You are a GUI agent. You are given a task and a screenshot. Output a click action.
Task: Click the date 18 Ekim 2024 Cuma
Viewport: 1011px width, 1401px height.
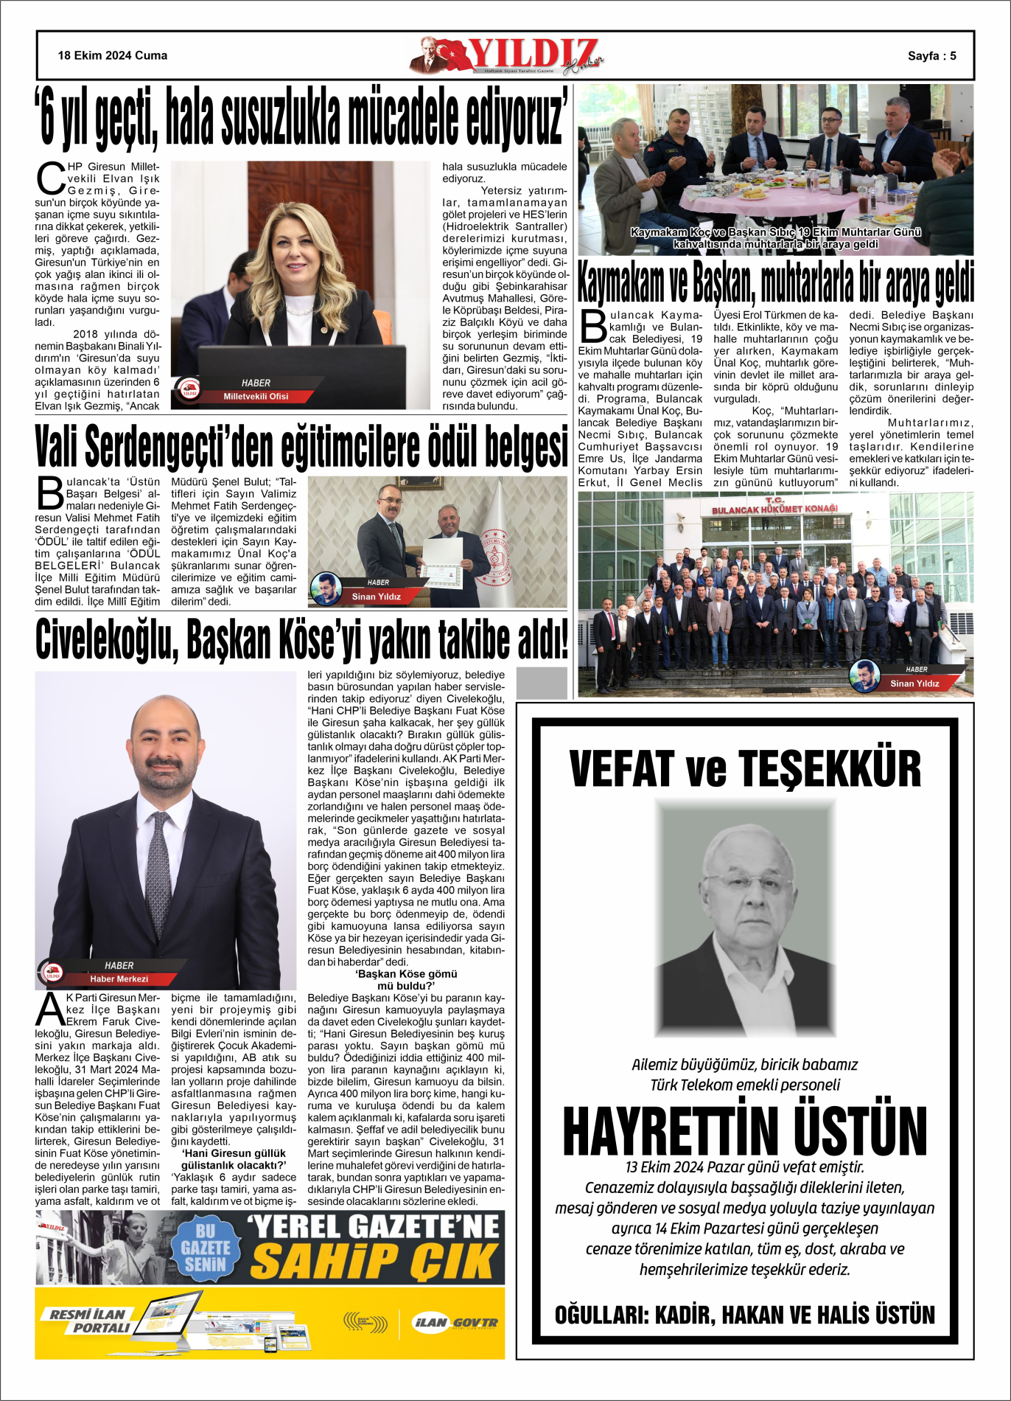(x=113, y=55)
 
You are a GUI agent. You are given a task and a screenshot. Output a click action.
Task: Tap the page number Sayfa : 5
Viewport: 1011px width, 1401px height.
(x=931, y=56)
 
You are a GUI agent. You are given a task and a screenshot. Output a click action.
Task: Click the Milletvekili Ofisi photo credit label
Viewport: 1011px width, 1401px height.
(x=256, y=397)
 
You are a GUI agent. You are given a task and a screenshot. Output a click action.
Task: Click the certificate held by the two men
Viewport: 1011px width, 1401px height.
(x=442, y=563)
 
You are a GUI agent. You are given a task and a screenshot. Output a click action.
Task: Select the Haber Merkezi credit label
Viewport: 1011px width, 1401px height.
(x=119, y=979)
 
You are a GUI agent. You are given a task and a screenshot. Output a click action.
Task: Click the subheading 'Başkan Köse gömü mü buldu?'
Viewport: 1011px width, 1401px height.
(x=406, y=980)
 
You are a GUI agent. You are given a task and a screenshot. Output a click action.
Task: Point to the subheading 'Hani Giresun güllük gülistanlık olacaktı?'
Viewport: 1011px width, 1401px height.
(x=234, y=1159)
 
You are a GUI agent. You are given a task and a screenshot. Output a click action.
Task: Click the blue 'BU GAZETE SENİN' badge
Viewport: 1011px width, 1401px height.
(x=206, y=1248)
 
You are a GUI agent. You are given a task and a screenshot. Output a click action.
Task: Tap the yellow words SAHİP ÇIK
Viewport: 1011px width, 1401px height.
(x=374, y=1261)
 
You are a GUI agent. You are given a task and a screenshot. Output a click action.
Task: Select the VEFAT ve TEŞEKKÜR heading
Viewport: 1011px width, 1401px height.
(x=745, y=768)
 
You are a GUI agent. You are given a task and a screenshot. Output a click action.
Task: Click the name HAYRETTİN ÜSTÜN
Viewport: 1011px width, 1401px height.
(x=745, y=1130)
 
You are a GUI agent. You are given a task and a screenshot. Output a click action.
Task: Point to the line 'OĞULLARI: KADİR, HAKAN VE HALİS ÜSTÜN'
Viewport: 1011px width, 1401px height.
(x=744, y=1315)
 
